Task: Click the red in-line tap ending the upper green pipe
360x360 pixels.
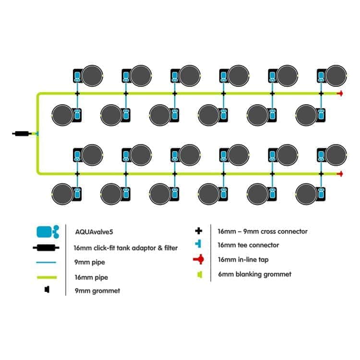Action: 340,94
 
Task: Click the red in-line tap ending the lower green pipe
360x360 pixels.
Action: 340,174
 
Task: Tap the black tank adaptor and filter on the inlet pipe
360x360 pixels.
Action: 22,133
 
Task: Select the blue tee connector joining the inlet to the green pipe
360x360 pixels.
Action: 36,133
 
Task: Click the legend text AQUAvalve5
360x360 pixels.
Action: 94,232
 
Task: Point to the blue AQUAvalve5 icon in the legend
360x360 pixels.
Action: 48,232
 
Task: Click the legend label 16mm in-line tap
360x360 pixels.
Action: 243,260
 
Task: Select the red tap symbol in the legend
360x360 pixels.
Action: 198,259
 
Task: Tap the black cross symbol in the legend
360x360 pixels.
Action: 199,231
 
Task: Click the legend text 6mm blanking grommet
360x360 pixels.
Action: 254,274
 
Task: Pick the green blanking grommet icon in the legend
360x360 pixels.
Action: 200,275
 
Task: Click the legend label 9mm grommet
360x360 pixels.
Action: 97,291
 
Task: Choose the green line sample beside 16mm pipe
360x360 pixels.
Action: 47,277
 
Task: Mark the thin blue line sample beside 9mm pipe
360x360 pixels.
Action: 46,262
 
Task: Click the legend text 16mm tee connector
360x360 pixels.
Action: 249,245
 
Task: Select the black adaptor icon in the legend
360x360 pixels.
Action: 46,248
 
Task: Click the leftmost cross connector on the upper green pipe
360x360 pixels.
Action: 77,94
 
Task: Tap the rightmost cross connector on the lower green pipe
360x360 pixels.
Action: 321,174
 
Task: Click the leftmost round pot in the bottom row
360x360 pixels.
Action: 62,194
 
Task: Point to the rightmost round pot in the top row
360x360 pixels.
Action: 336,76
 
